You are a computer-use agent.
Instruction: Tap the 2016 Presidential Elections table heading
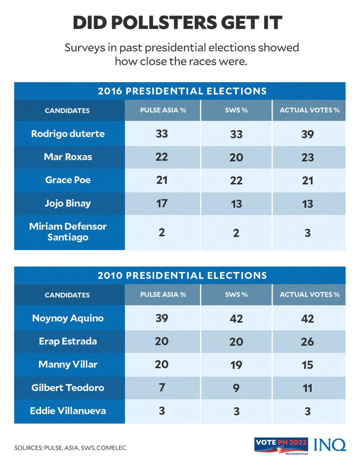[x=182, y=91]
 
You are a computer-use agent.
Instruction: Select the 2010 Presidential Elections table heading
[x=182, y=275]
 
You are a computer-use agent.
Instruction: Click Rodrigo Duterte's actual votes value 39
[x=307, y=134]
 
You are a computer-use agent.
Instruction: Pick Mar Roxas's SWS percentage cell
[x=236, y=157]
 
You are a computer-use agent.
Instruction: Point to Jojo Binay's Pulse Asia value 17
[x=162, y=203]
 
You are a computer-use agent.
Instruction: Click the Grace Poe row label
[x=68, y=180]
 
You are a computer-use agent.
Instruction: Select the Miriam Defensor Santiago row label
[x=68, y=232]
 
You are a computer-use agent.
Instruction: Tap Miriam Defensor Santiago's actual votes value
[x=307, y=233]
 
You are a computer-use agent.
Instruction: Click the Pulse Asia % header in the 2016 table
[x=163, y=110]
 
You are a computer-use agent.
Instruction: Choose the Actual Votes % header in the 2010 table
[x=309, y=294]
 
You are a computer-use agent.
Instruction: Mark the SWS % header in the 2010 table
[x=236, y=294]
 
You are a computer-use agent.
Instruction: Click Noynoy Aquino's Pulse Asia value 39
[x=162, y=318]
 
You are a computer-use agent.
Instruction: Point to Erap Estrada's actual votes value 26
[x=307, y=342]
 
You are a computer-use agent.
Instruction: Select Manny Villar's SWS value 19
[x=236, y=365]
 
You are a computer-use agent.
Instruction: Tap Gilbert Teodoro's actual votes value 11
[x=307, y=388]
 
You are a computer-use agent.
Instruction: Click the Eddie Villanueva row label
[x=68, y=411]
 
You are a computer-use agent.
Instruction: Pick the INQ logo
[x=330, y=445]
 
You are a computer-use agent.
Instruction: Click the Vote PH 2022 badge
[x=281, y=445]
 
